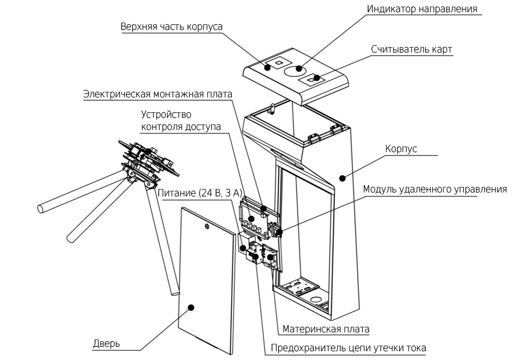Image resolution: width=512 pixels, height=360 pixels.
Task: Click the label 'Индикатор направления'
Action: [422, 9]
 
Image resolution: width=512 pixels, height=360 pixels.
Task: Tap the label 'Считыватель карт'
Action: [411, 49]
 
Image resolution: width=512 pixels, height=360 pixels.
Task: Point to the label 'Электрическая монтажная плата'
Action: [158, 95]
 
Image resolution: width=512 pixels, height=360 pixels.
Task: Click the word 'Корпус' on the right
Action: [400, 149]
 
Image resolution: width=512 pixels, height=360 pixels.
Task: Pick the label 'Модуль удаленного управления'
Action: [435, 189]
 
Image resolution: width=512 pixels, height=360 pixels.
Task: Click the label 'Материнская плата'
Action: [326, 329]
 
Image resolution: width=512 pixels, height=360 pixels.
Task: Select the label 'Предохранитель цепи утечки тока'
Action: [348, 348]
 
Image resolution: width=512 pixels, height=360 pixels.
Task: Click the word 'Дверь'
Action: [107, 344]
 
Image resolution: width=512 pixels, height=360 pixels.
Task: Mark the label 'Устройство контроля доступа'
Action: [181, 121]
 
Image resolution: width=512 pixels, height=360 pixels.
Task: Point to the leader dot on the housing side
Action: [343, 178]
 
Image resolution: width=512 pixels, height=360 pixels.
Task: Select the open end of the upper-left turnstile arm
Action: [40, 209]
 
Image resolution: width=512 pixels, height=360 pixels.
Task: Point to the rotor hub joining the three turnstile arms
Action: [133, 174]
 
